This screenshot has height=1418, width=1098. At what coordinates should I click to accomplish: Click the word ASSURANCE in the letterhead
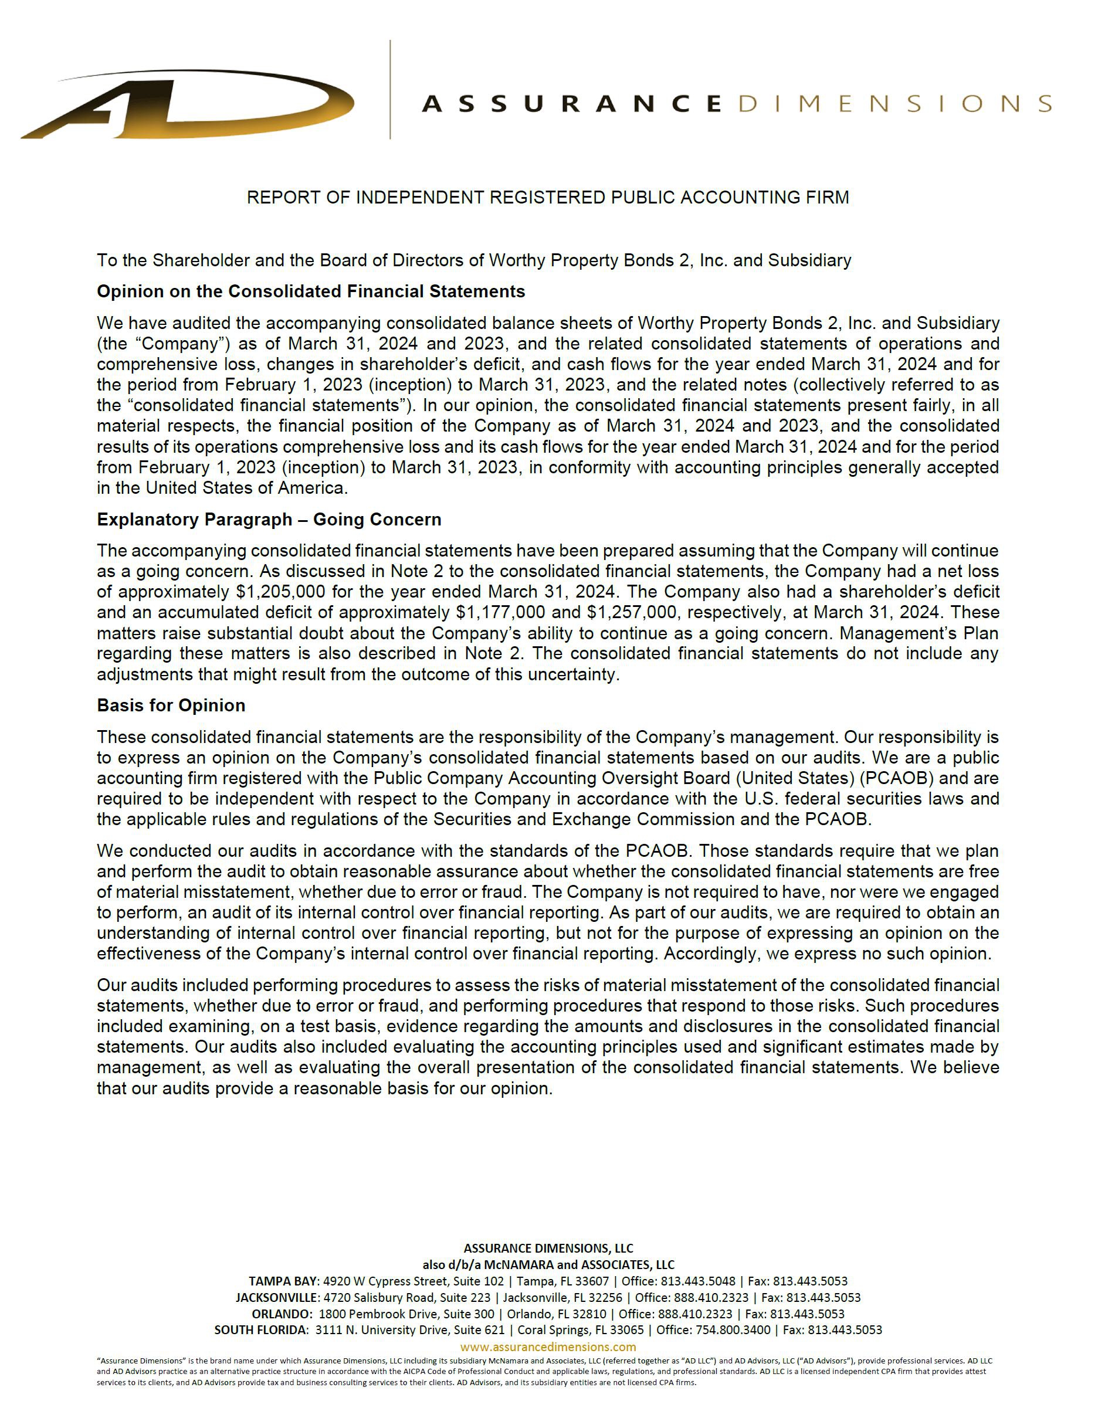tap(571, 104)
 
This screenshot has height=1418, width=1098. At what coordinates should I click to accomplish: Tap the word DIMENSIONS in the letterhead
tap(894, 104)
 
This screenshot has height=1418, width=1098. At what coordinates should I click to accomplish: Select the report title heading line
tap(547, 198)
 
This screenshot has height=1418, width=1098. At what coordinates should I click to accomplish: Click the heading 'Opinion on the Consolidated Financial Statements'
tap(310, 291)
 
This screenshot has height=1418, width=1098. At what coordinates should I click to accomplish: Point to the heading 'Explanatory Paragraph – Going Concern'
tap(269, 520)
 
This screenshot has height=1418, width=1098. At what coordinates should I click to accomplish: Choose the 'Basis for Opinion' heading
tap(171, 705)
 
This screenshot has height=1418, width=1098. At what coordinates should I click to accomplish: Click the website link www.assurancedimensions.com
tap(548, 1347)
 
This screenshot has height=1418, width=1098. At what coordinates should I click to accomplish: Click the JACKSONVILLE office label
tap(277, 1298)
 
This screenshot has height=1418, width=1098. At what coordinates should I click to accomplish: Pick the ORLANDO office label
tap(282, 1314)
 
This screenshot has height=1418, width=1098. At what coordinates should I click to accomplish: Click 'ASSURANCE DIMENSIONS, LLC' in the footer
tap(548, 1249)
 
